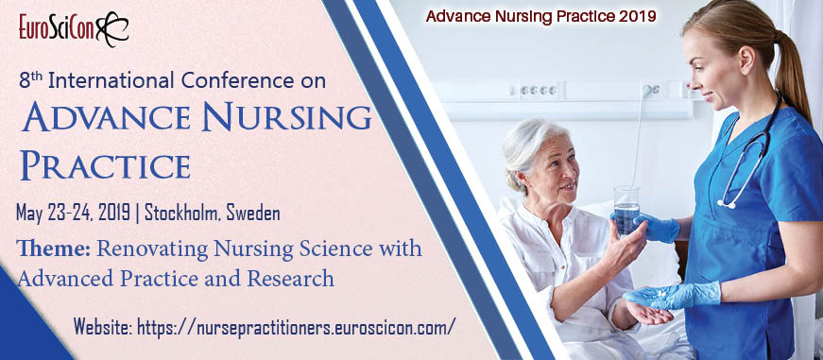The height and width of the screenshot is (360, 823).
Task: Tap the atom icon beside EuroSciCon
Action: (112, 28)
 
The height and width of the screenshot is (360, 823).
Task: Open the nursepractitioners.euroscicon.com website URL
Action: (296, 327)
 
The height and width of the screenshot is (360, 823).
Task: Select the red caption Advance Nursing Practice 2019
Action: (540, 16)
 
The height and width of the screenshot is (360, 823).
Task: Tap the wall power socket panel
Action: (538, 90)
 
